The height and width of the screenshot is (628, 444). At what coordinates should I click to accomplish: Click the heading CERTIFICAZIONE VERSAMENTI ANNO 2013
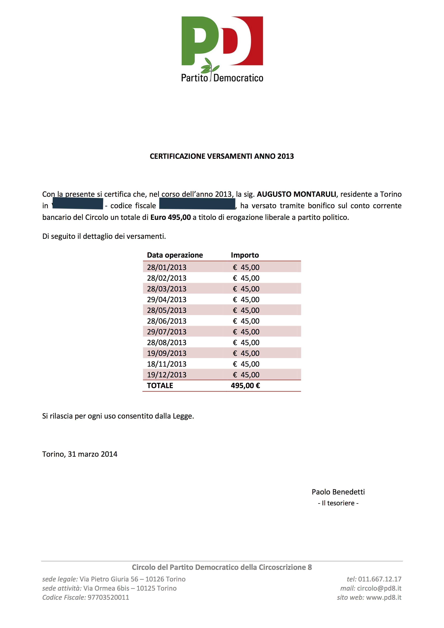222,156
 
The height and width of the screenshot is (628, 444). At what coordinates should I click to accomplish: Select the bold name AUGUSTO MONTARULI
296,194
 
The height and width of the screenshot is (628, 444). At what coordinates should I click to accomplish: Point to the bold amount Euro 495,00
170,218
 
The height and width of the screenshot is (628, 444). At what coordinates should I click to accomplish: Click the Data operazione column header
175,255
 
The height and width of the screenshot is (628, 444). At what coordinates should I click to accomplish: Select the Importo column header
245,255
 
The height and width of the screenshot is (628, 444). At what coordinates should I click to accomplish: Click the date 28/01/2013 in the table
167,267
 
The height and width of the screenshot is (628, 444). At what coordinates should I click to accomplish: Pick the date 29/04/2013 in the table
167,299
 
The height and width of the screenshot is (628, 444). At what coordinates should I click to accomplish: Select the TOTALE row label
160,386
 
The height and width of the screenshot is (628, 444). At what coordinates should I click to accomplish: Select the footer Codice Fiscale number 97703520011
108,597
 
